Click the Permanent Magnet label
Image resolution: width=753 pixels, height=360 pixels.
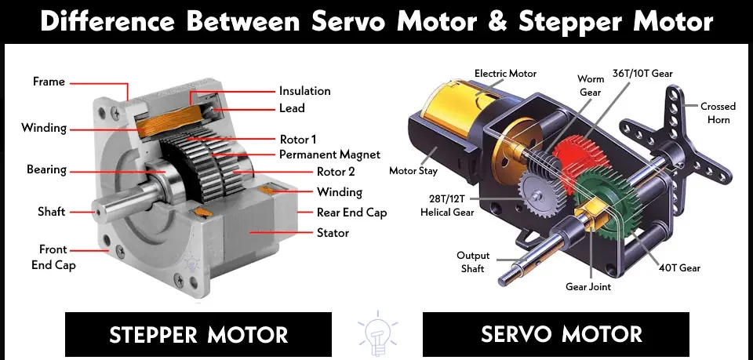coord(329,155)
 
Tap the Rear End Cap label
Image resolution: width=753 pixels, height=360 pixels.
coord(351,213)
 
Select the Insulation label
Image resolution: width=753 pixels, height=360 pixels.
coord(305,91)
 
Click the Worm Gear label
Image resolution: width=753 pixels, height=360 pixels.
coord(590,85)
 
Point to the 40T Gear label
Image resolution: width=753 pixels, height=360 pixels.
coord(679,267)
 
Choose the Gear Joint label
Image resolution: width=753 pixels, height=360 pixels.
coord(588,286)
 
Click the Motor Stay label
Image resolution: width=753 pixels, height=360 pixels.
coord(413,170)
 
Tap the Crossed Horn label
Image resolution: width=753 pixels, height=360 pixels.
coord(718,113)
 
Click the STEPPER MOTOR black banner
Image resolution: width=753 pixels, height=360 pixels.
coord(198,334)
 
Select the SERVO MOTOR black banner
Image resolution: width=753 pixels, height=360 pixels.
coord(555,334)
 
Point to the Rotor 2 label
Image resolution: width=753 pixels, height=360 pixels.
coord(339,171)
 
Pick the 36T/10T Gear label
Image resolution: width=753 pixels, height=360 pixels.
coord(642,74)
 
